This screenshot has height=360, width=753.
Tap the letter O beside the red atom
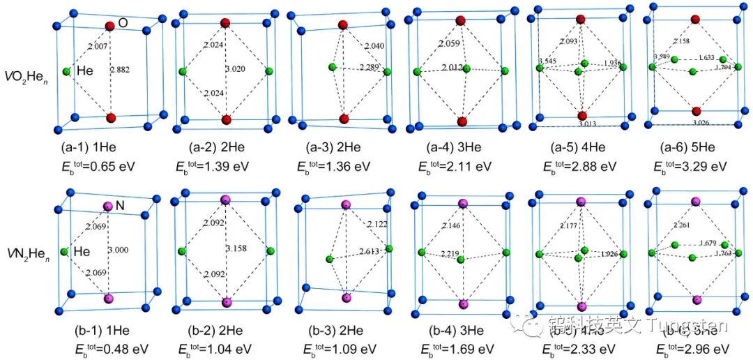coord(123,23)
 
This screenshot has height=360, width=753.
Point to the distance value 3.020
coord(238,70)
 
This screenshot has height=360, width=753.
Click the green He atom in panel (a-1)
coord(67,71)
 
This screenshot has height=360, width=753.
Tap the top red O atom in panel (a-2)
coord(225,23)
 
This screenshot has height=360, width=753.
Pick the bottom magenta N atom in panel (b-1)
coord(108,299)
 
